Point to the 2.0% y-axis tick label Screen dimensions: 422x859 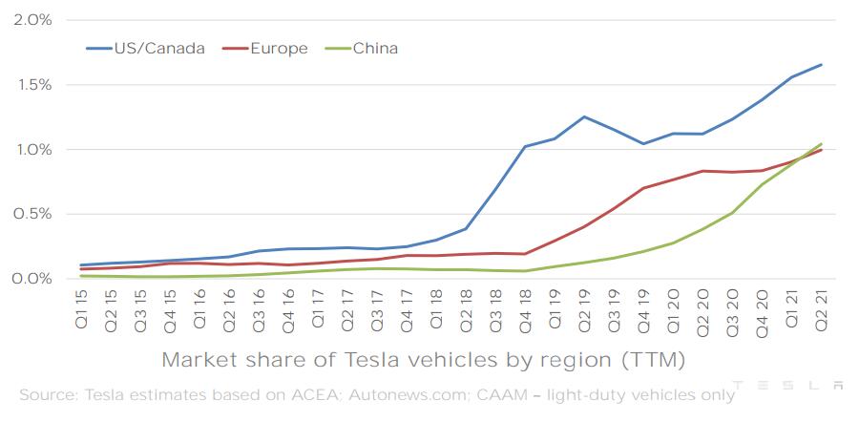click(33, 20)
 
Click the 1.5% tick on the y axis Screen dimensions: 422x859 click(33, 85)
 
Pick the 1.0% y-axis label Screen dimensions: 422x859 click(33, 150)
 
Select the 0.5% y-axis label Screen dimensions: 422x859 click(33, 214)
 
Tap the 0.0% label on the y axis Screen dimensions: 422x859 click(33, 279)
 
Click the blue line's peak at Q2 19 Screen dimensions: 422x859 click(583, 117)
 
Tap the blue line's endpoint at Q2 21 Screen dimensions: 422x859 click(821, 65)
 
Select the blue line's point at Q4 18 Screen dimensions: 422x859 click(524, 147)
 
